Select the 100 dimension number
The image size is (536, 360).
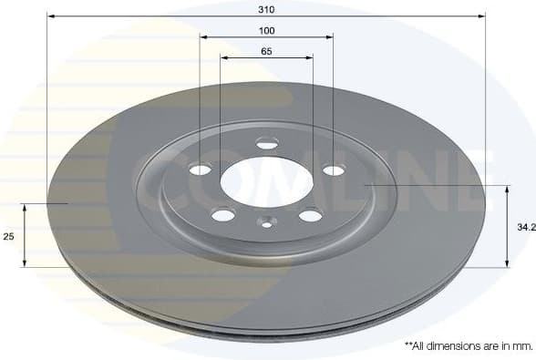coord(266,30)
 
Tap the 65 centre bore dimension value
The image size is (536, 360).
coord(266,51)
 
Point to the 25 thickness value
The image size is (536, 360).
coord(8,236)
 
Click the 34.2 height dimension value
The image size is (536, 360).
coord(524,226)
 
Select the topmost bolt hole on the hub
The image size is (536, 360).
coord(267,142)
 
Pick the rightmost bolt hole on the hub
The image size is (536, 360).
coord(334,170)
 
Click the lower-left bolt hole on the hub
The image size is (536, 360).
coord(222,215)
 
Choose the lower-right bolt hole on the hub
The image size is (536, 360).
coord(311,215)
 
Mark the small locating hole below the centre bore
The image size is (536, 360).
coord(266,221)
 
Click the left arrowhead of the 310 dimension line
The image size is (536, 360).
coord(50,16)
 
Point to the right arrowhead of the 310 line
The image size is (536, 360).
coord(481,16)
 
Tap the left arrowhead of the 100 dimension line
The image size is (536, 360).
coord(204,37)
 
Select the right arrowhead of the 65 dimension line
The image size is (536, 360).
coord(309,58)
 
